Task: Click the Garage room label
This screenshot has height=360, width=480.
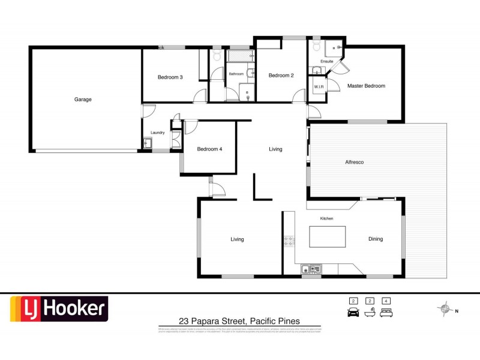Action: tap(83, 100)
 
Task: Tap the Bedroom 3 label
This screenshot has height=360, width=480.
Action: tap(170, 77)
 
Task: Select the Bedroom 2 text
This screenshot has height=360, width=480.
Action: tap(281, 75)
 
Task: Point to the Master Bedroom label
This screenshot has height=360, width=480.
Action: tap(366, 86)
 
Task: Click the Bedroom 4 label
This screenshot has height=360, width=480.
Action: tap(210, 149)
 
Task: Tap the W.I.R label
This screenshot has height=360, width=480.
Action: tap(319, 87)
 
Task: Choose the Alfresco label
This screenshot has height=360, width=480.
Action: tap(355, 162)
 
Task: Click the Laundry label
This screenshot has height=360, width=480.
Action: tap(158, 133)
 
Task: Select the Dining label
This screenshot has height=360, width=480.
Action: tap(376, 239)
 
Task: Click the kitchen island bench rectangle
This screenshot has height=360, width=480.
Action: tap(328, 236)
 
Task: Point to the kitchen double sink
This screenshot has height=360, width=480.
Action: tap(312, 269)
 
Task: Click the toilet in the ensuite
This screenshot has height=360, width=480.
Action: tap(317, 47)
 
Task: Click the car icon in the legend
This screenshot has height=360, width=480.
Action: tap(353, 312)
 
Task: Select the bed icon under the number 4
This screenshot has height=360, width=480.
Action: tap(387, 312)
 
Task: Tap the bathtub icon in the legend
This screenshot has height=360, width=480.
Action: tap(370, 312)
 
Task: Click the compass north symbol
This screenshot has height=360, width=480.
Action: tap(445, 310)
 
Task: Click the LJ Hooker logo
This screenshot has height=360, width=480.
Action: tap(59, 310)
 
